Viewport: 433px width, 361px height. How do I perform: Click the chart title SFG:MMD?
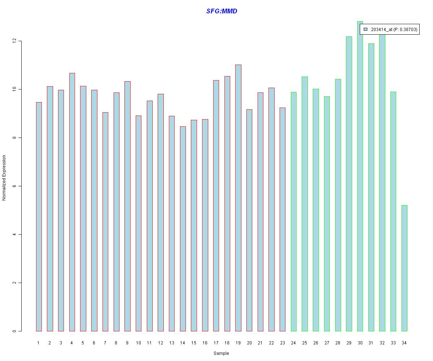point(222,11)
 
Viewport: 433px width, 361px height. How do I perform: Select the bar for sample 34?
point(404,268)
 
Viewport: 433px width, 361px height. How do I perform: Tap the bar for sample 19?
point(238,198)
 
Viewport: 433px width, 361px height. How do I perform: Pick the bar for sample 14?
point(183,229)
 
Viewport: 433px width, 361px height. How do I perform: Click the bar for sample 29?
point(349,184)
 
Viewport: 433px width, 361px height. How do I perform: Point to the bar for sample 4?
point(72,202)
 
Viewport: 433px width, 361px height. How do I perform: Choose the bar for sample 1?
point(39,217)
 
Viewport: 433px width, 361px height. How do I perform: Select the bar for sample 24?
point(294,212)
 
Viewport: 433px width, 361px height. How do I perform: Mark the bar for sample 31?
point(371,187)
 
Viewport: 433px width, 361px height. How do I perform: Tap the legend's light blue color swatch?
point(366,29)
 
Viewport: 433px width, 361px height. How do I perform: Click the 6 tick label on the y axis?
point(14,186)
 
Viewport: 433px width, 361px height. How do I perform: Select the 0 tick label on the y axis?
point(14,331)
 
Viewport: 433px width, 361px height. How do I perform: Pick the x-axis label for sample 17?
point(216,343)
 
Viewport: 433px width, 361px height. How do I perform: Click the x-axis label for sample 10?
point(138,343)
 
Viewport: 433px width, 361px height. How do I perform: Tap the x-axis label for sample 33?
point(393,343)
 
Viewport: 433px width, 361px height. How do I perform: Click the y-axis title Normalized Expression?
point(4,178)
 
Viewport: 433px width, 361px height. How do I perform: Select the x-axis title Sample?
point(221,353)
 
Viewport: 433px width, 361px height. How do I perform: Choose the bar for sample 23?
point(283,219)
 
